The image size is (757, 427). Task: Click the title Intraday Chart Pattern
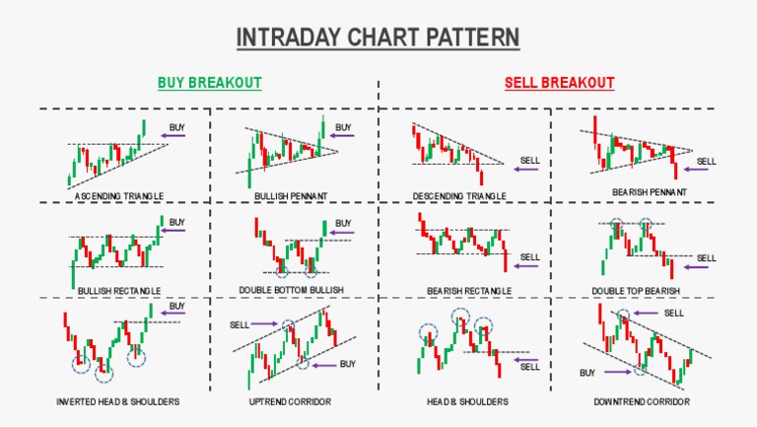378,37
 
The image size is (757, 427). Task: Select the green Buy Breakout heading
210,83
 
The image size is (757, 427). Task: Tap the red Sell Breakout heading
559,83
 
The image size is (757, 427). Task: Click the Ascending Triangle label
119,196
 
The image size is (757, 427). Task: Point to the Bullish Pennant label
291,196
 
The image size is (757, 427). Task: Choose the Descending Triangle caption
459,196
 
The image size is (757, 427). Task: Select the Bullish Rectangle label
119,291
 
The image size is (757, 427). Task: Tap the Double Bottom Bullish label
291,291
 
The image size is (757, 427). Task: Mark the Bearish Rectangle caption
469,291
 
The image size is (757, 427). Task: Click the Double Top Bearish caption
636,291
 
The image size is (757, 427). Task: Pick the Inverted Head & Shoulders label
119,402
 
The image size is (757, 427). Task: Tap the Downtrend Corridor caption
642,402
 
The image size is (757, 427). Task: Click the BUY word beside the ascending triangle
176,127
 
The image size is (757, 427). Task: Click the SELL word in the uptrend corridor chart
240,323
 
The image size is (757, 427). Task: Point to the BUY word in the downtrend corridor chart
587,373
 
